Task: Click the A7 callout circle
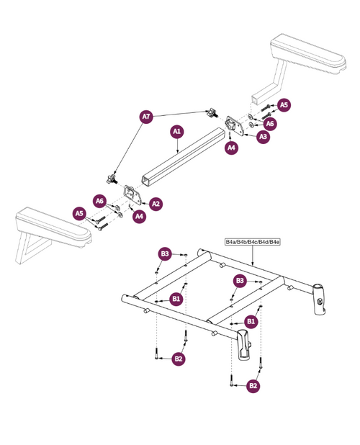tap(146, 117)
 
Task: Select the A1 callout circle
tap(176, 132)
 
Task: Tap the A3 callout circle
tap(263, 137)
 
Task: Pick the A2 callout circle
tap(156, 204)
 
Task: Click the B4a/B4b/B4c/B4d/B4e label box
tap(252, 242)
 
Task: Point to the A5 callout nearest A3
tap(284, 105)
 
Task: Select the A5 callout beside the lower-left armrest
tap(80, 212)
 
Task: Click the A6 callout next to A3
tap(271, 123)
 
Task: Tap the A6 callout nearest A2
tap(100, 200)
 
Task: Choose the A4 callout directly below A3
tap(231, 147)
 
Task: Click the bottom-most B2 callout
tap(253, 387)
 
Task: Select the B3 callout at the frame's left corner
tap(165, 253)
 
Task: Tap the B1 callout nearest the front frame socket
tap(251, 320)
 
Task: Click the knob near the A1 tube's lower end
tap(112, 175)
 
